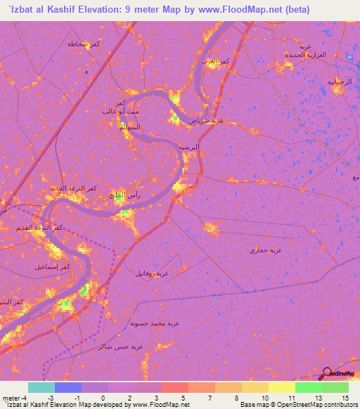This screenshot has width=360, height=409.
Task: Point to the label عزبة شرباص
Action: pyautogui.click(x=206, y=121)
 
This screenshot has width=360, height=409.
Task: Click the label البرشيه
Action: pyautogui.click(x=188, y=148)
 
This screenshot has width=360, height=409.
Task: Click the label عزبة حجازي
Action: pyautogui.click(x=266, y=249)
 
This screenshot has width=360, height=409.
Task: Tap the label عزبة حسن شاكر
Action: pyautogui.click(x=119, y=346)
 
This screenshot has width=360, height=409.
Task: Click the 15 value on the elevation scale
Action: pyautogui.click(x=345, y=398)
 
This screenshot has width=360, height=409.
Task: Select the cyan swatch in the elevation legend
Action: pyautogui.click(x=41, y=387)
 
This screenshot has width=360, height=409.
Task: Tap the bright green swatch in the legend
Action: pyautogui.click(x=309, y=387)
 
